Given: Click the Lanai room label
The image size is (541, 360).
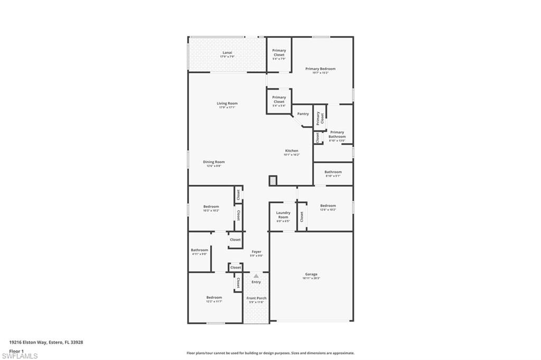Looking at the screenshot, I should pyautogui.click(x=227, y=53).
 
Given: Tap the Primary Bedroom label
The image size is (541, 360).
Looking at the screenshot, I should pyautogui.click(x=320, y=69).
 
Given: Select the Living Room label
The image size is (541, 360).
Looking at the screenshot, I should pyautogui.click(x=227, y=104).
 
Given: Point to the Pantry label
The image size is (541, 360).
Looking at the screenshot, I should pyautogui.click(x=303, y=114).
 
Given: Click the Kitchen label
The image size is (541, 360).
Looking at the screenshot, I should pyautogui.click(x=292, y=151).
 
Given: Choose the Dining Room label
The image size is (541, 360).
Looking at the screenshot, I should pyautogui.click(x=214, y=163).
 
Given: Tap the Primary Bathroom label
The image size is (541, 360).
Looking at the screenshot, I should pyautogui.click(x=337, y=135).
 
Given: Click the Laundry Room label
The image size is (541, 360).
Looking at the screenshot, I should pyautogui.click(x=283, y=215).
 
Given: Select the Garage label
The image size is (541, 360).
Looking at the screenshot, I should pyautogui.click(x=311, y=274).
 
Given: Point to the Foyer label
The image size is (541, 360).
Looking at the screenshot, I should pyautogui.click(x=256, y=252).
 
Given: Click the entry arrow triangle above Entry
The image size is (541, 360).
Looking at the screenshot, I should pyautogui.click(x=256, y=276).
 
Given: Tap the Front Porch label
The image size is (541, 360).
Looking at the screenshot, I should pyautogui.click(x=257, y=299).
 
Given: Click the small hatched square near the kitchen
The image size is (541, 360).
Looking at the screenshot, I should pyautogui.click(x=273, y=181).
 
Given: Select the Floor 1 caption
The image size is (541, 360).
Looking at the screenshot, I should pyautogui.click(x=16, y=350).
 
